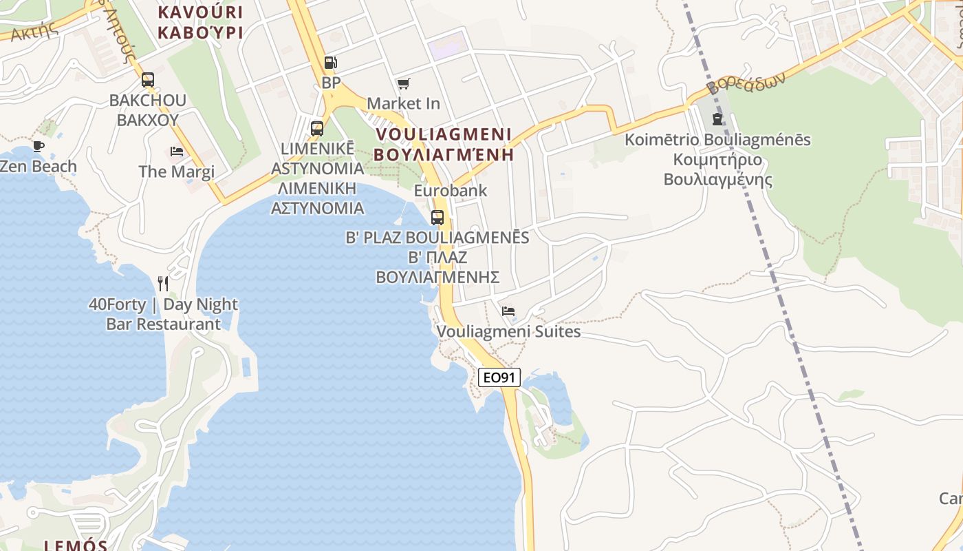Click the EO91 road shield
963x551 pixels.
pyautogui.click(x=499, y=377)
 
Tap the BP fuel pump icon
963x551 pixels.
pyautogui.click(x=331, y=63)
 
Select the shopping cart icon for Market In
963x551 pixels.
pyautogui.click(x=404, y=84)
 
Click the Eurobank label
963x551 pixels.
pyautogui.click(x=450, y=191)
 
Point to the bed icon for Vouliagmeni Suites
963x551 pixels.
pyautogui.click(x=508, y=311)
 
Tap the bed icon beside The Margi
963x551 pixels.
pyautogui.click(x=177, y=152)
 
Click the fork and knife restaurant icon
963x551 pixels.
pyautogui.click(x=163, y=283)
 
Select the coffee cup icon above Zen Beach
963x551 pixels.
pyautogui.click(x=39, y=146)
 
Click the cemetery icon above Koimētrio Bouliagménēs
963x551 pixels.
pyautogui.click(x=717, y=119)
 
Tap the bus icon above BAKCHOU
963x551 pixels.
pyautogui.click(x=148, y=80)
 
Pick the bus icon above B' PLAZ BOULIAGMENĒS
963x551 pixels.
pyautogui.click(x=437, y=218)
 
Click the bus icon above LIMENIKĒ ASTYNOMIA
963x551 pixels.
pyautogui.click(x=317, y=128)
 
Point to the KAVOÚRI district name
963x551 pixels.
pyautogui.click(x=201, y=12)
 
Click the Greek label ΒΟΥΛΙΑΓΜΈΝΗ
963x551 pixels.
pyautogui.click(x=444, y=154)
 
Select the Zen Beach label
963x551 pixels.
pyautogui.click(x=39, y=167)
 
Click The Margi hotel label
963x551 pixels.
pyautogui.click(x=177, y=171)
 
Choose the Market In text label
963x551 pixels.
pyautogui.click(x=404, y=103)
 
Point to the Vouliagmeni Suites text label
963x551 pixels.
pyautogui.click(x=508, y=332)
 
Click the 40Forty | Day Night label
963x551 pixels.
pyautogui.click(x=163, y=304)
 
